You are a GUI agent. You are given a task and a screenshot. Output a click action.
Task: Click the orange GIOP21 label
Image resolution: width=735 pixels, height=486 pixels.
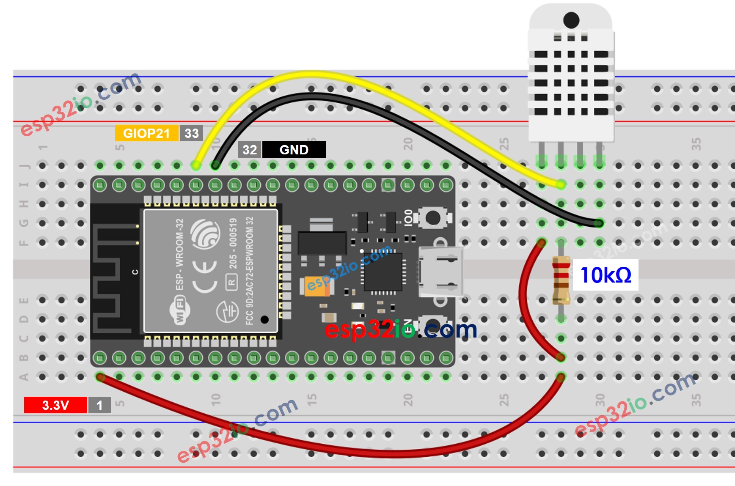coord(146,133)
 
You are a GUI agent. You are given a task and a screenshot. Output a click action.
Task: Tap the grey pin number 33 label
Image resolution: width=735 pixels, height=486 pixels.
coord(192,133)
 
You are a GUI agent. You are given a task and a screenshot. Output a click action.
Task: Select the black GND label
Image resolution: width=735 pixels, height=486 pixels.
coord(294,150)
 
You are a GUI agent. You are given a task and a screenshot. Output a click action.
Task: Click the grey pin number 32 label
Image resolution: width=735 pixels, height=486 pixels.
coord(250,150)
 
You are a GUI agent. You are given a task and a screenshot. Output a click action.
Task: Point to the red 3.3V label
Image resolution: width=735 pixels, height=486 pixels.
coord(55,405)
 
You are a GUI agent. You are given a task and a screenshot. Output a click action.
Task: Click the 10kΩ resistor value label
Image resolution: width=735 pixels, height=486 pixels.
coord(606,275)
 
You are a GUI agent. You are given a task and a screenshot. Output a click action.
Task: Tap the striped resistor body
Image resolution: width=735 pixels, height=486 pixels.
coord(561,280)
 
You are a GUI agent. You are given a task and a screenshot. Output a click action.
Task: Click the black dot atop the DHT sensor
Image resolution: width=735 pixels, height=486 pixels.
coord(571,20)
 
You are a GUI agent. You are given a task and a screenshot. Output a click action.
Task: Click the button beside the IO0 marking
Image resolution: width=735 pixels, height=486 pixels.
coord(432,218)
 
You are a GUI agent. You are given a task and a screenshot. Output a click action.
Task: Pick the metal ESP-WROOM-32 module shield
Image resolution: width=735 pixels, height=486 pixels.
coord(211,271)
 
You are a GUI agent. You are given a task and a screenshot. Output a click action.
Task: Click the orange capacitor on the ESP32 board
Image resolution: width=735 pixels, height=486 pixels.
coord(315,286)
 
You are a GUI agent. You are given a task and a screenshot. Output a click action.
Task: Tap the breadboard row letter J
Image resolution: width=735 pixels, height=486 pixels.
coord(24,165)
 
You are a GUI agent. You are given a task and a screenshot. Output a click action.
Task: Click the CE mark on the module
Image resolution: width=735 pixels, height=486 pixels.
coord(205,277)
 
